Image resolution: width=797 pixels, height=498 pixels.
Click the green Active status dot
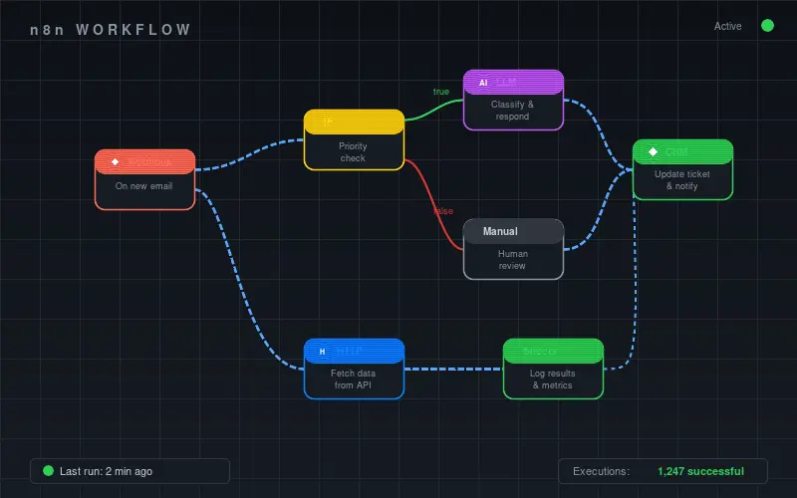click(x=767, y=26)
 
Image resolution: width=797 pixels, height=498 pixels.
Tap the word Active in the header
click(x=727, y=26)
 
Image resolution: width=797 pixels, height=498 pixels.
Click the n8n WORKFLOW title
click(x=111, y=30)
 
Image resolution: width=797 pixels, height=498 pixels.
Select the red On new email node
click(x=144, y=179)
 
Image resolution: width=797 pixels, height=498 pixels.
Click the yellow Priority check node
click(x=354, y=140)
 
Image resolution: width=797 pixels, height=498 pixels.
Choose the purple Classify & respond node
click(x=513, y=101)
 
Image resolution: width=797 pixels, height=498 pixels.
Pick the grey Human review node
click(x=513, y=250)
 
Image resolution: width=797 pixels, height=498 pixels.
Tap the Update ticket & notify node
click(x=682, y=170)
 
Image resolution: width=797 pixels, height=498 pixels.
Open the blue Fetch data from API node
click(x=354, y=370)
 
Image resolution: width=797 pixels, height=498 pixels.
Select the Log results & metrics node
click(x=553, y=370)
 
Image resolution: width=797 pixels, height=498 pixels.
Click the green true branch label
click(x=441, y=92)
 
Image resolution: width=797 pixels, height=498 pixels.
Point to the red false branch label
click(x=443, y=211)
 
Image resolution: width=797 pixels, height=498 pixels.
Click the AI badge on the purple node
click(x=483, y=83)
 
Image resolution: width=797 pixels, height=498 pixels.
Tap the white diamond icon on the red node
click(x=115, y=161)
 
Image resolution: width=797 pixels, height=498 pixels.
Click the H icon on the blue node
click(x=322, y=352)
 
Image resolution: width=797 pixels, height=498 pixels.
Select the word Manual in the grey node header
click(x=500, y=232)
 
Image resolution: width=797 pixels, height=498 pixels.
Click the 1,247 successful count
click(x=701, y=471)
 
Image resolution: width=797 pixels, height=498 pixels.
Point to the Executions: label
click(x=601, y=471)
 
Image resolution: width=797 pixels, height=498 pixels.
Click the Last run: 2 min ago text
click(x=106, y=471)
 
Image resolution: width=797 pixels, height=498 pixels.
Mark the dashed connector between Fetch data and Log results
click(x=453, y=370)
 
